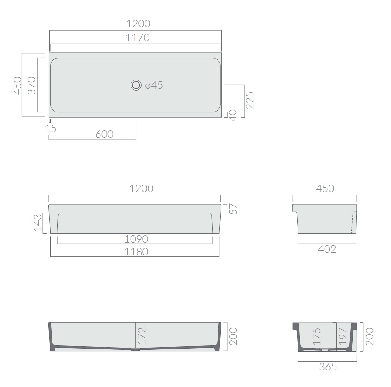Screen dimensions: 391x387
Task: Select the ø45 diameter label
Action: [154, 85]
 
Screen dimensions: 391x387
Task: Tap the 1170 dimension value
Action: [138, 38]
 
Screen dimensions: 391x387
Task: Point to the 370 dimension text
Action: [31, 85]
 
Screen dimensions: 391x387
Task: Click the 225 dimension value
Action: [250, 101]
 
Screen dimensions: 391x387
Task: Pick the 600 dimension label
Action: [104, 134]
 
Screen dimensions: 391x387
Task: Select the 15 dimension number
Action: [51, 129]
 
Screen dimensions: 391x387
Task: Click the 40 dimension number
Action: [233, 115]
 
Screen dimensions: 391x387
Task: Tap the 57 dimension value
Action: [233, 209]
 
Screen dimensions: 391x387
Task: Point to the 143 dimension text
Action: [38, 223]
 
